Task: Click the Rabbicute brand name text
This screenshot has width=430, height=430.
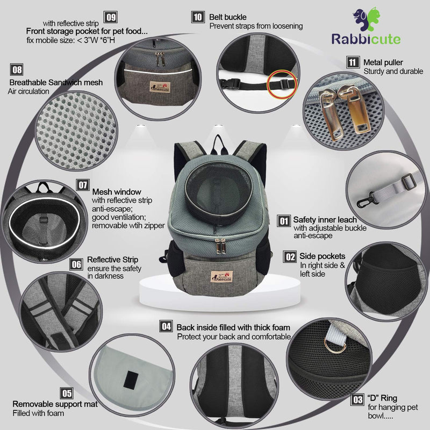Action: coord(366,39)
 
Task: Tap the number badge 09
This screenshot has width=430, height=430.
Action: coord(111,17)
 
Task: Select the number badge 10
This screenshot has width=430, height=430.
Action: coord(198,17)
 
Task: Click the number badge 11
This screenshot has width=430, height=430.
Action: coord(353,62)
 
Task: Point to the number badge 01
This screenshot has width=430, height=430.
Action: coord(284,221)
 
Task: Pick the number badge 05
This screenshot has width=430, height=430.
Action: coord(67,393)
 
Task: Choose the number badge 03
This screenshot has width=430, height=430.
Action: coord(357,399)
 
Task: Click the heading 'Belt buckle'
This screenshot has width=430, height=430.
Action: coord(227,17)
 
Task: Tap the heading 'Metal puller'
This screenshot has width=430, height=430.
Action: coord(383,62)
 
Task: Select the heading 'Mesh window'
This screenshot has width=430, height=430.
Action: coord(117,191)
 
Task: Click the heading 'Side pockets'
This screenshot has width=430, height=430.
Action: coord(322,256)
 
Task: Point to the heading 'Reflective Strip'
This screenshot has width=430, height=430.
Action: coord(112,260)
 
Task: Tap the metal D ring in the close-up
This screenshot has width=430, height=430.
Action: coord(335,346)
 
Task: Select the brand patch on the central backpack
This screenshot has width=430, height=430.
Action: coord(221,276)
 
